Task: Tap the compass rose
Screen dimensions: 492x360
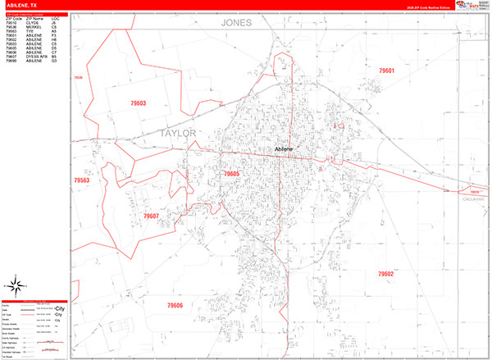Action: click(x=15, y=286)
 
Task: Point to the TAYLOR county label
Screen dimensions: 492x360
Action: click(x=179, y=132)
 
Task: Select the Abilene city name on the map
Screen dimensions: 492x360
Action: click(x=283, y=148)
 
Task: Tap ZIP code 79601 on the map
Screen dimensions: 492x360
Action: click(x=387, y=71)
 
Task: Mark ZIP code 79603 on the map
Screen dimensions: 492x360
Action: click(x=137, y=103)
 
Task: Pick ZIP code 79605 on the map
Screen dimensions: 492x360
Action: click(x=231, y=174)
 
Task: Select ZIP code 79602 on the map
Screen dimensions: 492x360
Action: click(x=385, y=274)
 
